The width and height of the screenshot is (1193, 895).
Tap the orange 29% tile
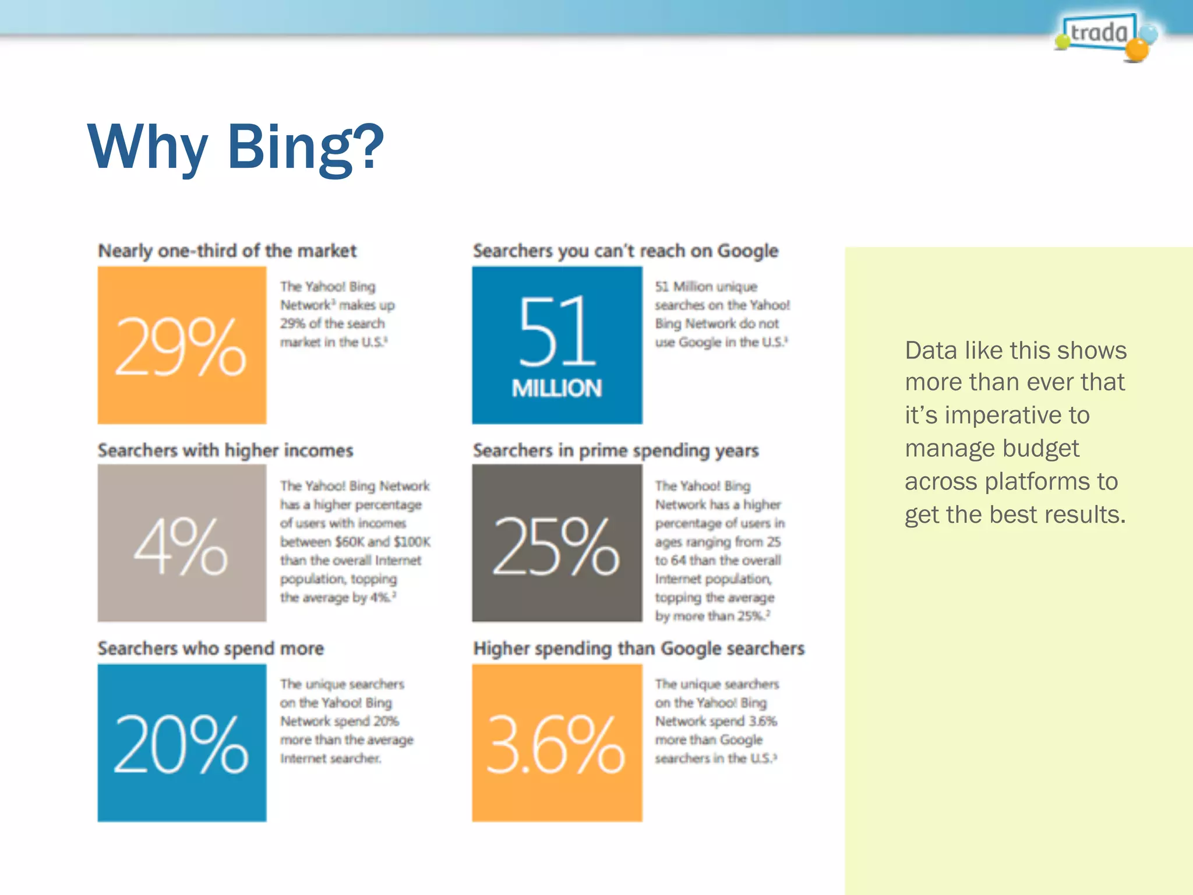pos(182,345)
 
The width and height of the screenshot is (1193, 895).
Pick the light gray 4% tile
pos(182,543)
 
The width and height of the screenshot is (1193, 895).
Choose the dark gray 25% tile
pos(557,543)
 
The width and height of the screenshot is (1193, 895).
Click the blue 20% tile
pos(182,743)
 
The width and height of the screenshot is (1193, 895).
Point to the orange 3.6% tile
pos(557,743)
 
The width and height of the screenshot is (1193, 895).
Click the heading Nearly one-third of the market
pos(227,251)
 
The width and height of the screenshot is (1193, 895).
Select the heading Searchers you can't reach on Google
pos(625,251)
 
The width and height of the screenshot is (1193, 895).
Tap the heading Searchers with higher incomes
pos(225,450)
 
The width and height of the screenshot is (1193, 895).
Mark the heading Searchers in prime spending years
pos(616,450)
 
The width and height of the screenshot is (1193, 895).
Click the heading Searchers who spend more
pos(210,649)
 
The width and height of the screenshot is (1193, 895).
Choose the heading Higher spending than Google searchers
pos(638,649)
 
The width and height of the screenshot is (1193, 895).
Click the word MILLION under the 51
pos(557,389)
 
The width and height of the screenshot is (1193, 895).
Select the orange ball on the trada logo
pos(1136,50)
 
